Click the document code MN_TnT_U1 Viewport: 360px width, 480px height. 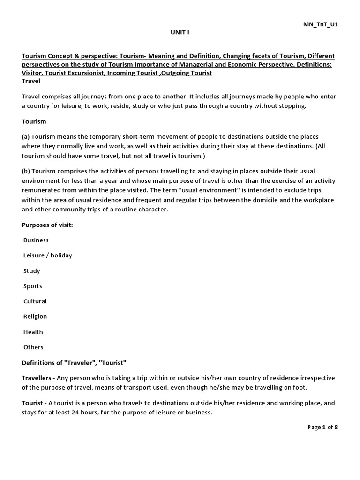[x=321, y=24]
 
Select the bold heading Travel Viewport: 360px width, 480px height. [x=31, y=81]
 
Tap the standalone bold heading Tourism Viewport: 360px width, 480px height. [x=34, y=121]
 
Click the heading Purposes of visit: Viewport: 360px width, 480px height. [x=47, y=225]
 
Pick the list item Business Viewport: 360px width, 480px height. [x=36, y=240]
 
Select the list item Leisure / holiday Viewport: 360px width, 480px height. [x=48, y=255]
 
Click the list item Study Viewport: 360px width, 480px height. [x=32, y=271]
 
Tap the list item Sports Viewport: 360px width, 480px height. [x=33, y=286]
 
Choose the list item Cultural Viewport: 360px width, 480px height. [x=35, y=301]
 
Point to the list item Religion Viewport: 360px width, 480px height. [x=35, y=316]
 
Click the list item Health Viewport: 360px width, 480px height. [x=33, y=332]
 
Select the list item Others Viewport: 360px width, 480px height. [x=33, y=347]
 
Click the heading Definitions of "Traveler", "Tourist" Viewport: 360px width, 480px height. [x=74, y=363]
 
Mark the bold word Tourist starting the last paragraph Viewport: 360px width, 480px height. [x=32, y=403]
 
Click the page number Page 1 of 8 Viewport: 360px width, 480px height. [x=322, y=427]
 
